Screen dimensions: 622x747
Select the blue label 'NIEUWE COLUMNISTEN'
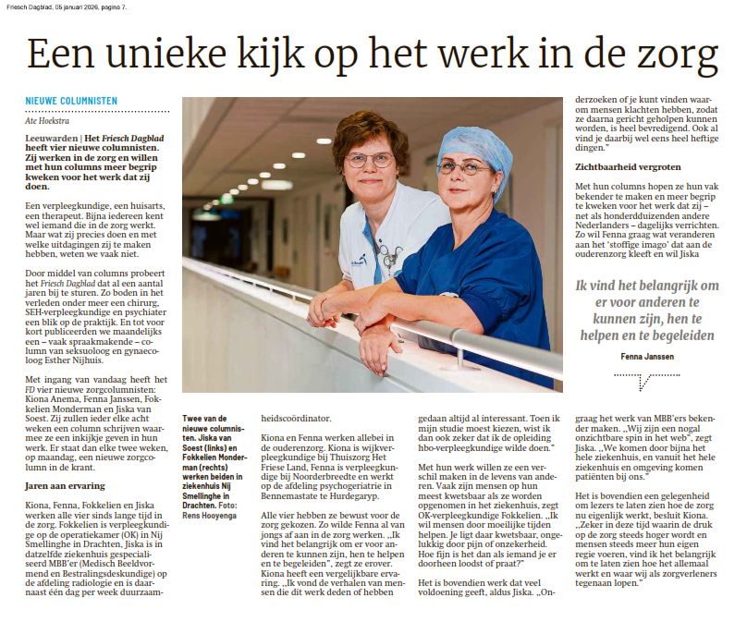click(x=71, y=100)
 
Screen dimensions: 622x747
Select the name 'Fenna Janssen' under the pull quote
click(x=647, y=355)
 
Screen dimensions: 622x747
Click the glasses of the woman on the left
click(x=369, y=160)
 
